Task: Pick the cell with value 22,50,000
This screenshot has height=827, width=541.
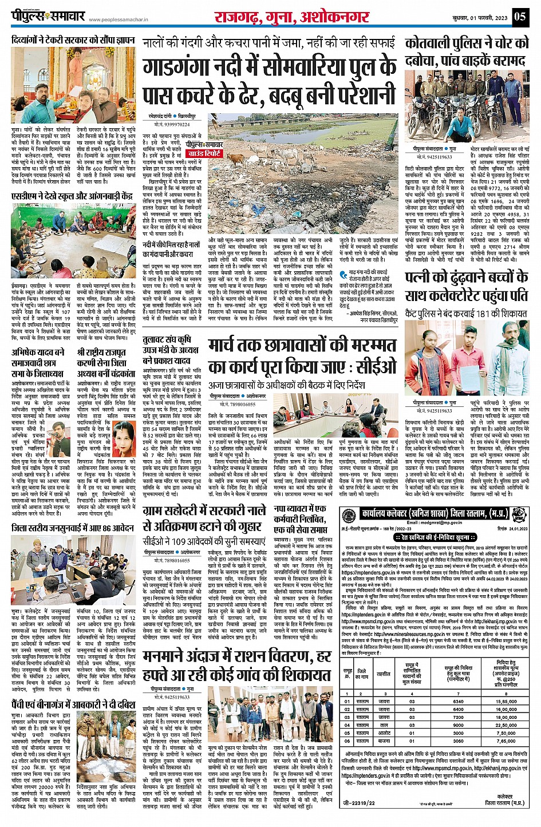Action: pyautogui.click(x=506, y=725)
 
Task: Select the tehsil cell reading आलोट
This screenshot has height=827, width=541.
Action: pyautogui.click(x=384, y=733)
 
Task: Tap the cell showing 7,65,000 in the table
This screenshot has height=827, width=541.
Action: pyautogui.click(x=506, y=741)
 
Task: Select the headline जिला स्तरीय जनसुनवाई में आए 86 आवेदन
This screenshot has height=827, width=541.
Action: pyautogui.click(x=73, y=528)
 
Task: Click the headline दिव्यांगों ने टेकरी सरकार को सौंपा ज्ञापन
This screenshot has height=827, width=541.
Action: pyautogui.click(x=73, y=41)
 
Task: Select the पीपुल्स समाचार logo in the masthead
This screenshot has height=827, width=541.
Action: pyautogui.click(x=49, y=17)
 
